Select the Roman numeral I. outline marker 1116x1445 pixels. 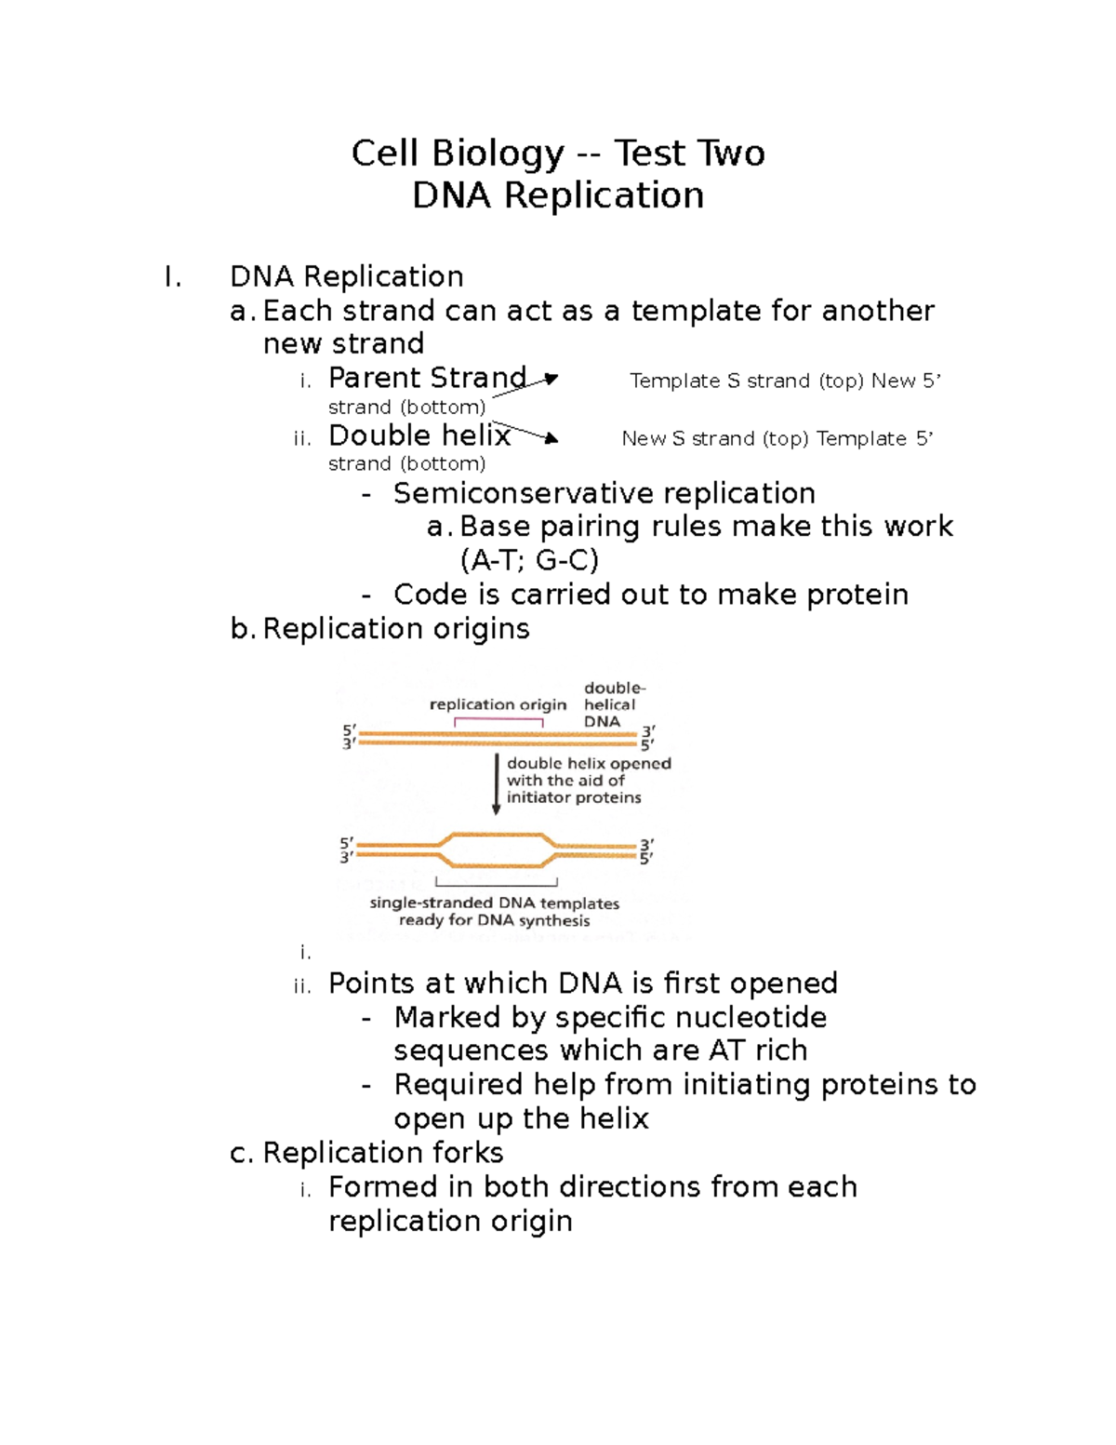click(x=172, y=277)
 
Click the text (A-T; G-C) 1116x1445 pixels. click(x=529, y=560)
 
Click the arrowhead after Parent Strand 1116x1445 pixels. click(x=551, y=379)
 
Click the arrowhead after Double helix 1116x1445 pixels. click(x=552, y=438)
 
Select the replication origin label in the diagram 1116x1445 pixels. click(x=498, y=704)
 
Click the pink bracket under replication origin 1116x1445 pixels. click(x=498, y=720)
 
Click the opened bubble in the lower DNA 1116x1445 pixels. click(x=497, y=850)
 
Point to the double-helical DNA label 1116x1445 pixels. click(x=613, y=704)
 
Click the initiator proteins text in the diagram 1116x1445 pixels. click(x=574, y=797)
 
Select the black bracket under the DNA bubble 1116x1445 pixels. click(x=497, y=882)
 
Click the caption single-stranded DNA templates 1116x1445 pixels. click(x=494, y=903)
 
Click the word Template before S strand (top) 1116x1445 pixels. click(x=674, y=381)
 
